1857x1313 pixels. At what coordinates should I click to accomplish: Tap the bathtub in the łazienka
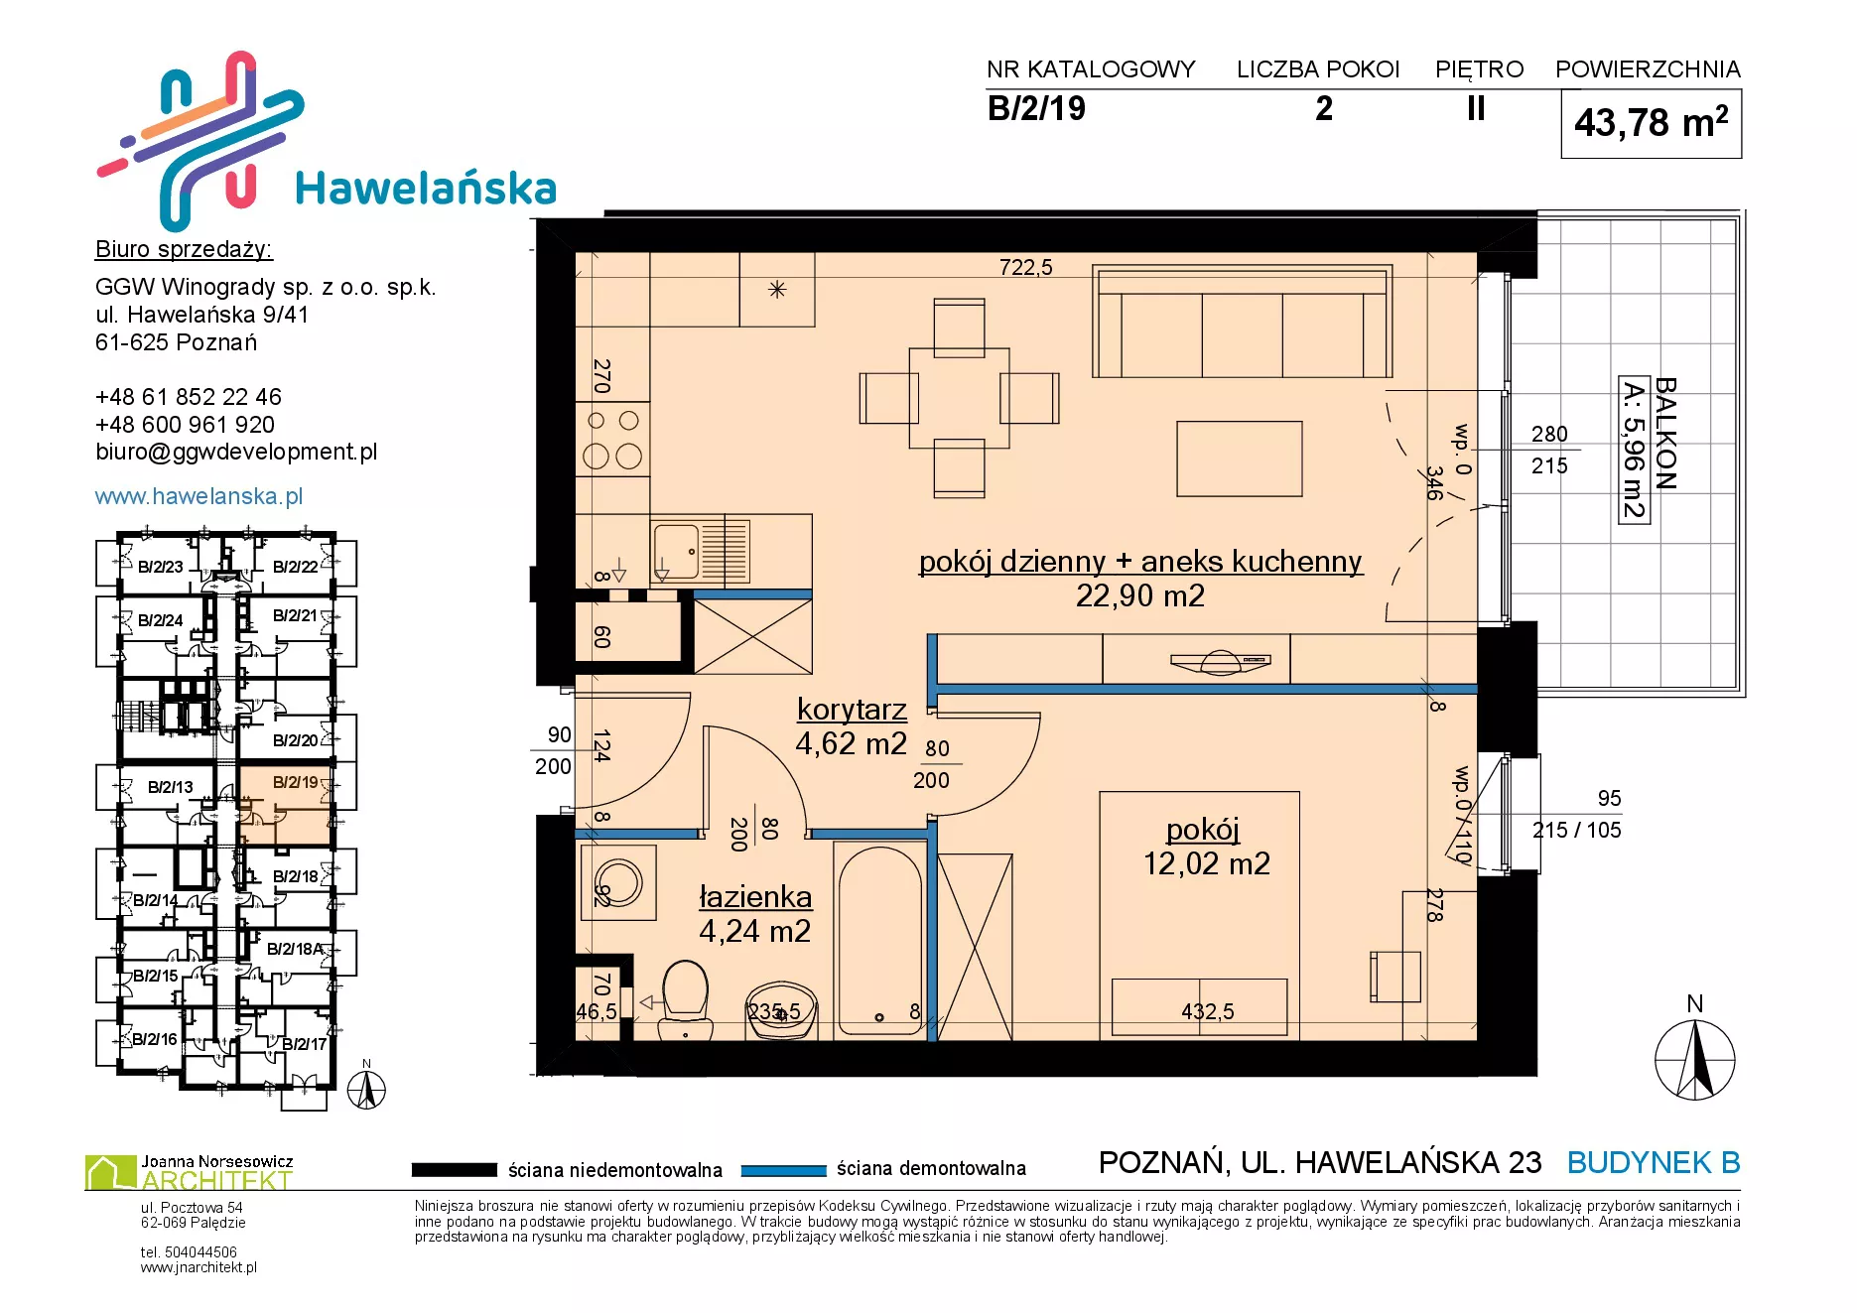[x=879, y=939]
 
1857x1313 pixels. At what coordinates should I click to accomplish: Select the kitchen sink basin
[x=676, y=552]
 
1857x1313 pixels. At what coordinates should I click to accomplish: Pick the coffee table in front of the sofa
[x=1240, y=459]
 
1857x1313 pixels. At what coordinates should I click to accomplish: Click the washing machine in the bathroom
[x=618, y=882]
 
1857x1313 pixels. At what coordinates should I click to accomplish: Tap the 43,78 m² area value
[x=1651, y=123]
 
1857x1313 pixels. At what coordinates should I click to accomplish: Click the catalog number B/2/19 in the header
[x=1036, y=108]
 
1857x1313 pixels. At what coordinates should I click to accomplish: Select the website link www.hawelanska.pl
[x=199, y=496]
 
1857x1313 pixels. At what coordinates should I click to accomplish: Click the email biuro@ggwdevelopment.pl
[x=236, y=452]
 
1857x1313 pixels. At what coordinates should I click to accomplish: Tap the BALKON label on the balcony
[x=1665, y=434]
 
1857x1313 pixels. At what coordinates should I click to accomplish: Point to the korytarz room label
[x=852, y=709]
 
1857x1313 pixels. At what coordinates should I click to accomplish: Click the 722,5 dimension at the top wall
[x=1025, y=267]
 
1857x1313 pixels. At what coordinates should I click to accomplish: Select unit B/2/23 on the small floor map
[x=160, y=567]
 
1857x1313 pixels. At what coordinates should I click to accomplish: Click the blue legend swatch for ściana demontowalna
[x=784, y=1170]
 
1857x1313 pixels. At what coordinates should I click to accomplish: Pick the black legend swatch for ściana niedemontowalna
[x=455, y=1170]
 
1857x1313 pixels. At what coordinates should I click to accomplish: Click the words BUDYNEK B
[x=1654, y=1162]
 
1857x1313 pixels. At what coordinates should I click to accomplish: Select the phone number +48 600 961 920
[x=185, y=424]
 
